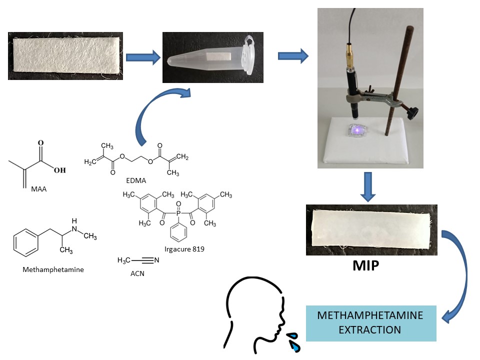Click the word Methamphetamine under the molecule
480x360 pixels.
click(53, 269)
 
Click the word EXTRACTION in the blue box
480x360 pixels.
click(371, 330)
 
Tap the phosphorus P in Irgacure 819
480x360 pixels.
click(178, 213)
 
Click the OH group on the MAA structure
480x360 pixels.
click(59, 170)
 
